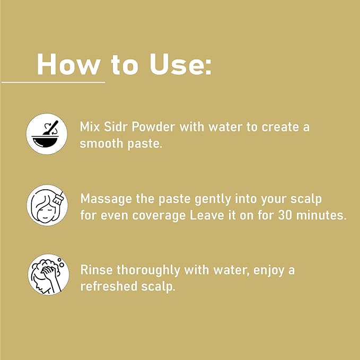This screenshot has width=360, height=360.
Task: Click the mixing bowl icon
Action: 47,134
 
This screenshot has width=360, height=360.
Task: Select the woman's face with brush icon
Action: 47,206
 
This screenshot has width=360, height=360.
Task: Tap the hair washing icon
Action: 48,275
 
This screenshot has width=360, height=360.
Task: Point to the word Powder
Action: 153,127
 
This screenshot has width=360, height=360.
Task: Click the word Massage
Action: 106,199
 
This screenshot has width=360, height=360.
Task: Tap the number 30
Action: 285,215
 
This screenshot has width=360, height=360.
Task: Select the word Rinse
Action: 96,270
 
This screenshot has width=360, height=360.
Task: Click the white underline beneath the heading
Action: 53,82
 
